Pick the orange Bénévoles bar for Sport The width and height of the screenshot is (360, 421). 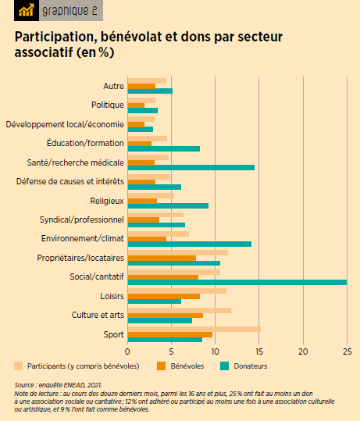tap(169, 334)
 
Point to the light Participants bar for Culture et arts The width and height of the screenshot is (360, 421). tap(179, 310)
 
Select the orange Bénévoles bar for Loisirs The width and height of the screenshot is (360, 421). tap(163, 296)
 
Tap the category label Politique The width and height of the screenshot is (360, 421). tap(107, 105)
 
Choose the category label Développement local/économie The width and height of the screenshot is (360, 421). tap(64, 124)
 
